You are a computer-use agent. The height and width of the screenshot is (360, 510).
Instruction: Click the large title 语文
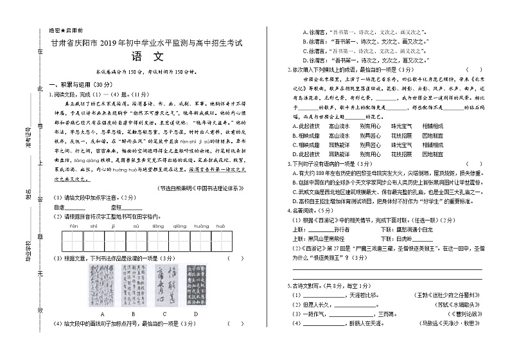click(x=146, y=57)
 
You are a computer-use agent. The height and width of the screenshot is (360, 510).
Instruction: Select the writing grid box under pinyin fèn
click(x=73, y=241)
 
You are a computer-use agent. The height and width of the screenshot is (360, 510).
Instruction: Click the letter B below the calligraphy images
click(x=134, y=313)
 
